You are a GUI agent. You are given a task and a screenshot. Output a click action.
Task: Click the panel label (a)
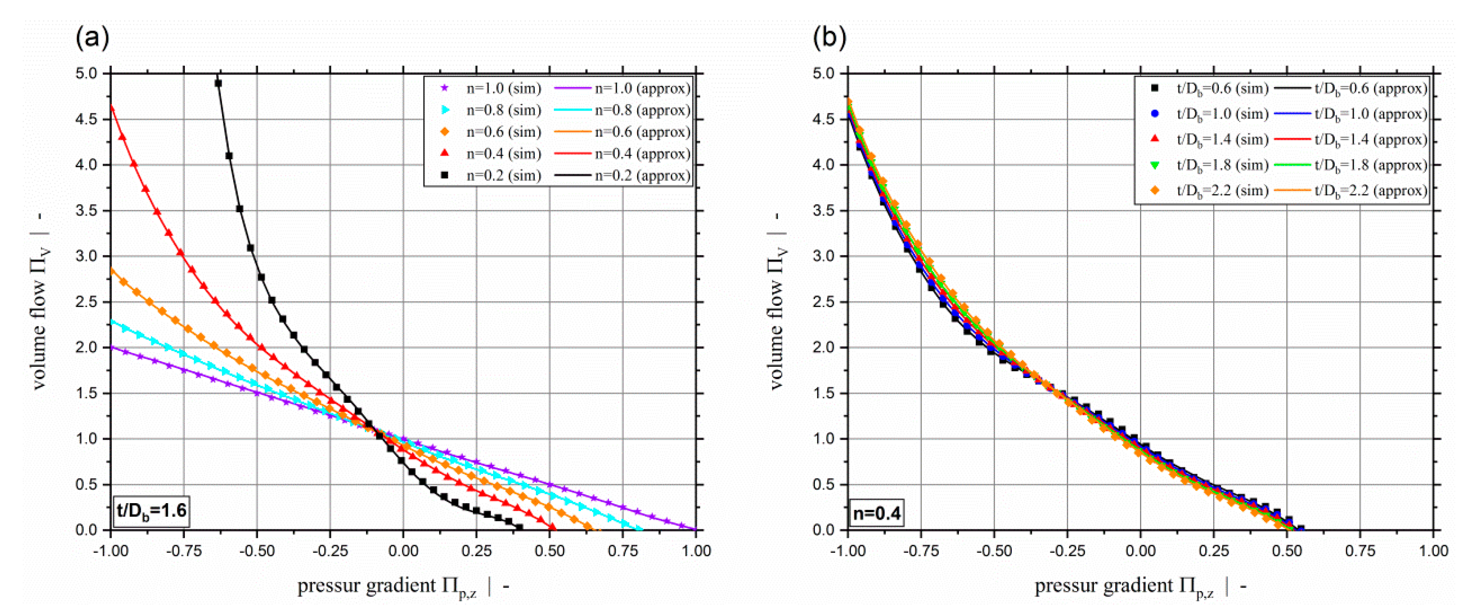(92, 38)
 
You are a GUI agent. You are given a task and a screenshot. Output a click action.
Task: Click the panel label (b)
(829, 38)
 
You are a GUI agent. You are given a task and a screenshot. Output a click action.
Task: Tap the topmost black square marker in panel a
(218, 83)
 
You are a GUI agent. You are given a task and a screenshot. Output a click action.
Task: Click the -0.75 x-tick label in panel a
(184, 551)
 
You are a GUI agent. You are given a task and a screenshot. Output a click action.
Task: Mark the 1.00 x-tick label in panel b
(1433, 551)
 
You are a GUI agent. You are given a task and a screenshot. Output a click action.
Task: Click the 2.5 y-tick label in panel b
(824, 302)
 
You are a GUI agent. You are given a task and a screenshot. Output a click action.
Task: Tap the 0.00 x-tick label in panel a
(403, 551)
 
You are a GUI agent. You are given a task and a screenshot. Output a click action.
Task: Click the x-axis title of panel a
(403, 587)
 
